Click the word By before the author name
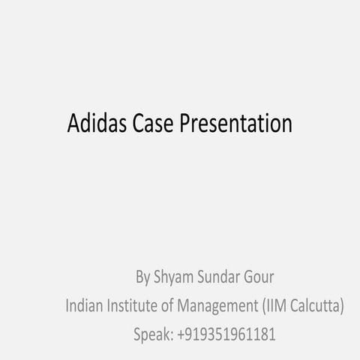[x=142, y=278]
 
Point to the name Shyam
[x=172, y=278]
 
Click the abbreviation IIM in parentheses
[x=277, y=306]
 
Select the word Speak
[x=153, y=334]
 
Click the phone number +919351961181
[x=226, y=334]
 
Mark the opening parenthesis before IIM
[x=264, y=306]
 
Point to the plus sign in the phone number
[x=183, y=334]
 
